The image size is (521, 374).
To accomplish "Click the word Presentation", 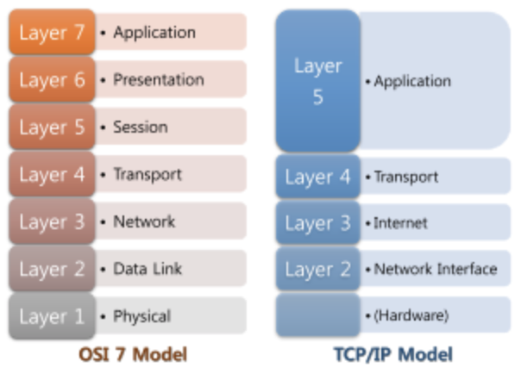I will (x=159, y=80).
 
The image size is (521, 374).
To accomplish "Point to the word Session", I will (x=140, y=128).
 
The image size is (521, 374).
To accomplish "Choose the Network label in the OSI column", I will (x=144, y=221).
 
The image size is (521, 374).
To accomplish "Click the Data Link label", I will (x=148, y=269).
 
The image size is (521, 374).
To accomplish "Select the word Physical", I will (x=141, y=316).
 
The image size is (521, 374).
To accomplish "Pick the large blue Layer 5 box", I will (x=317, y=82).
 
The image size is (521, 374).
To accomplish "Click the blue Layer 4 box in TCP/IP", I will (x=317, y=178).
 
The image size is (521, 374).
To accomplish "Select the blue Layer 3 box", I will (x=317, y=224).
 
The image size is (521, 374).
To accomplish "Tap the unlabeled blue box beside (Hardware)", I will (x=317, y=315).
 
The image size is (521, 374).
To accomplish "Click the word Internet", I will (x=400, y=224).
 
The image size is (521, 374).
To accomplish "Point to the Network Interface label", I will (x=436, y=269).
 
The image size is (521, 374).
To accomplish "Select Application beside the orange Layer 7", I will (x=154, y=33).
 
